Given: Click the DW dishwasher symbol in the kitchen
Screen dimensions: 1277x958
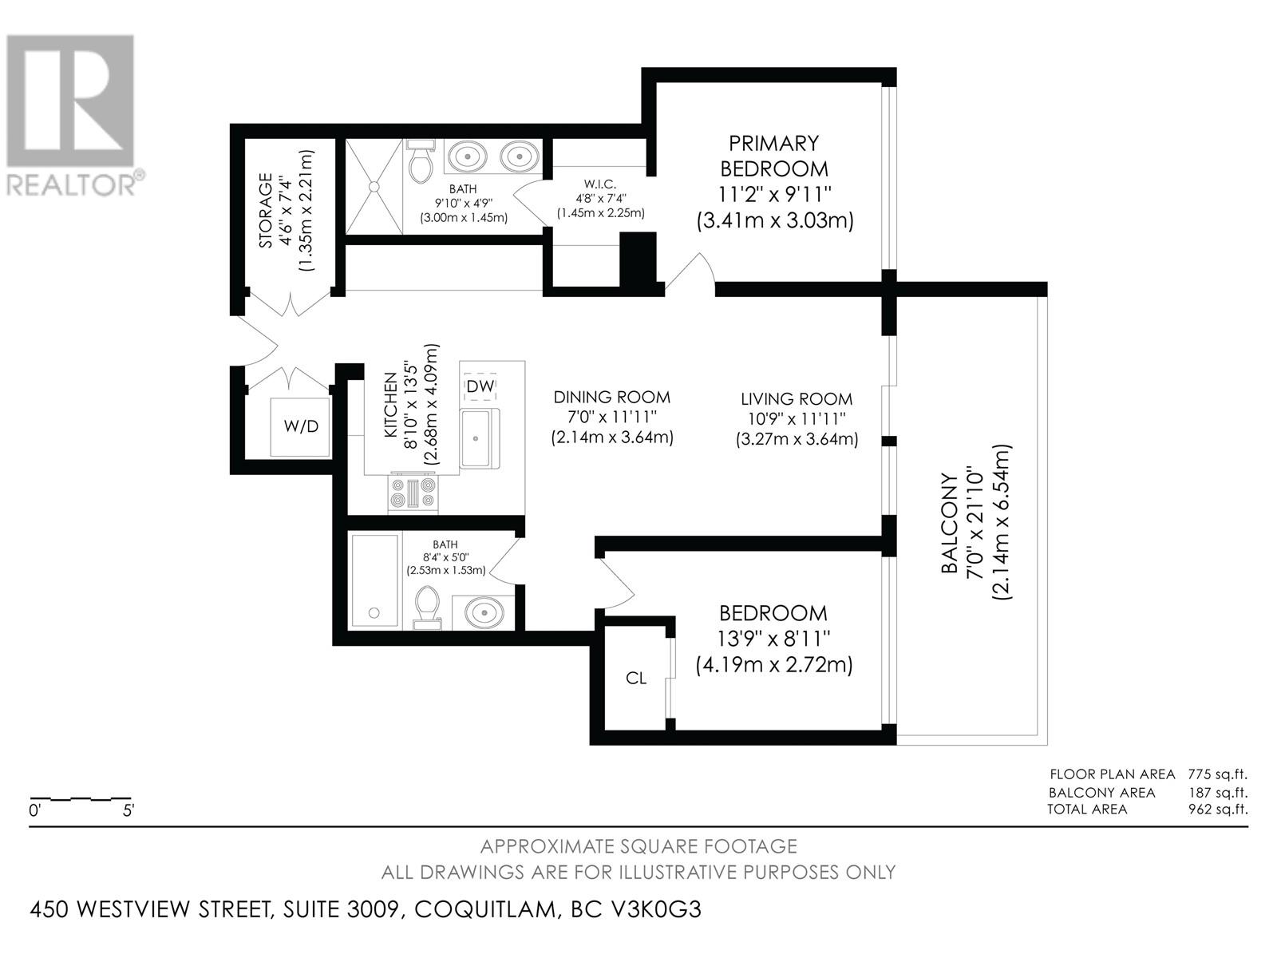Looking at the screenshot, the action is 480,386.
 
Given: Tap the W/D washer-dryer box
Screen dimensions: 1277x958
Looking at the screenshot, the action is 300,427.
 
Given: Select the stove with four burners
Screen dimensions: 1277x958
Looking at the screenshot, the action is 413,493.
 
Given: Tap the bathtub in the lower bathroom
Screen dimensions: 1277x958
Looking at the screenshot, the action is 374,580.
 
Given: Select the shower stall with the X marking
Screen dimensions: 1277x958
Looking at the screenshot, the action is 374,186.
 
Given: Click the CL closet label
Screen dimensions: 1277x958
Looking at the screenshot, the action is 636,678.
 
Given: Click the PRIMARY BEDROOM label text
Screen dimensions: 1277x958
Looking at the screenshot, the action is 774,156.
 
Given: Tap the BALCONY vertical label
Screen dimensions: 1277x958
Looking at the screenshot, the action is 949,524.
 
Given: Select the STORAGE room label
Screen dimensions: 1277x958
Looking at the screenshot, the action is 265,210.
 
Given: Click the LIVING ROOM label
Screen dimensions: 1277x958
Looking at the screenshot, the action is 797,399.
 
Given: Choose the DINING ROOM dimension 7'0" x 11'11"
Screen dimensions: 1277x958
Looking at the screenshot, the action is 612,417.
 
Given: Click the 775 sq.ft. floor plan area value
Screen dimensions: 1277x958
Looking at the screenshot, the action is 1218,774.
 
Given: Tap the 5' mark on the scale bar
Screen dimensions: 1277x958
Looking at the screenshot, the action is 128,810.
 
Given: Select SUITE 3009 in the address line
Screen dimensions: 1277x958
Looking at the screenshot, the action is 343,909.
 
